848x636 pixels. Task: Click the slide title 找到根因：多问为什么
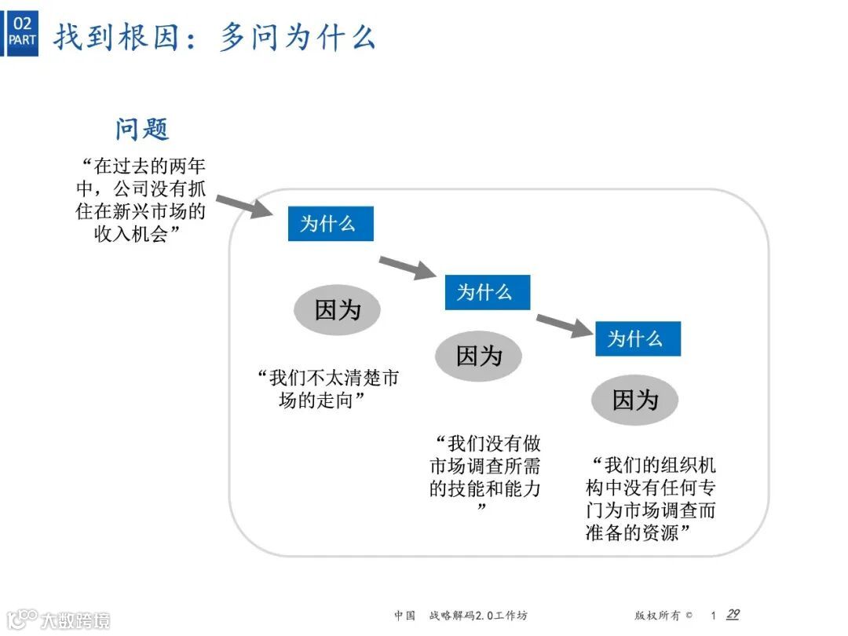[214, 37]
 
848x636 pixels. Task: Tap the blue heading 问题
[142, 129]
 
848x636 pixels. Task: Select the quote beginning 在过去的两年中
[142, 200]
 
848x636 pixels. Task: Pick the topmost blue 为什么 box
[330, 224]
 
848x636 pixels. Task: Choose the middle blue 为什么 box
[487, 292]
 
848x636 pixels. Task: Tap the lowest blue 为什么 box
[637, 338]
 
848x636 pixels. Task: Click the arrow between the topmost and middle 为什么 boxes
[407, 268]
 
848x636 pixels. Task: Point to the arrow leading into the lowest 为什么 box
[564, 324]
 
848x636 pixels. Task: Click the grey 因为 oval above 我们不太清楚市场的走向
[337, 310]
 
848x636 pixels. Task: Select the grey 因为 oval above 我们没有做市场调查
[479, 356]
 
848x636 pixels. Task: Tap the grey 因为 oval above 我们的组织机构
[634, 400]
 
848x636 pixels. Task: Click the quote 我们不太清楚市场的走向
[327, 389]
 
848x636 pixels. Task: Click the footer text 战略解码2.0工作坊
[484, 616]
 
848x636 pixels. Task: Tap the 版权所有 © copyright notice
[663, 616]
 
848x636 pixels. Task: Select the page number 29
[733, 615]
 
